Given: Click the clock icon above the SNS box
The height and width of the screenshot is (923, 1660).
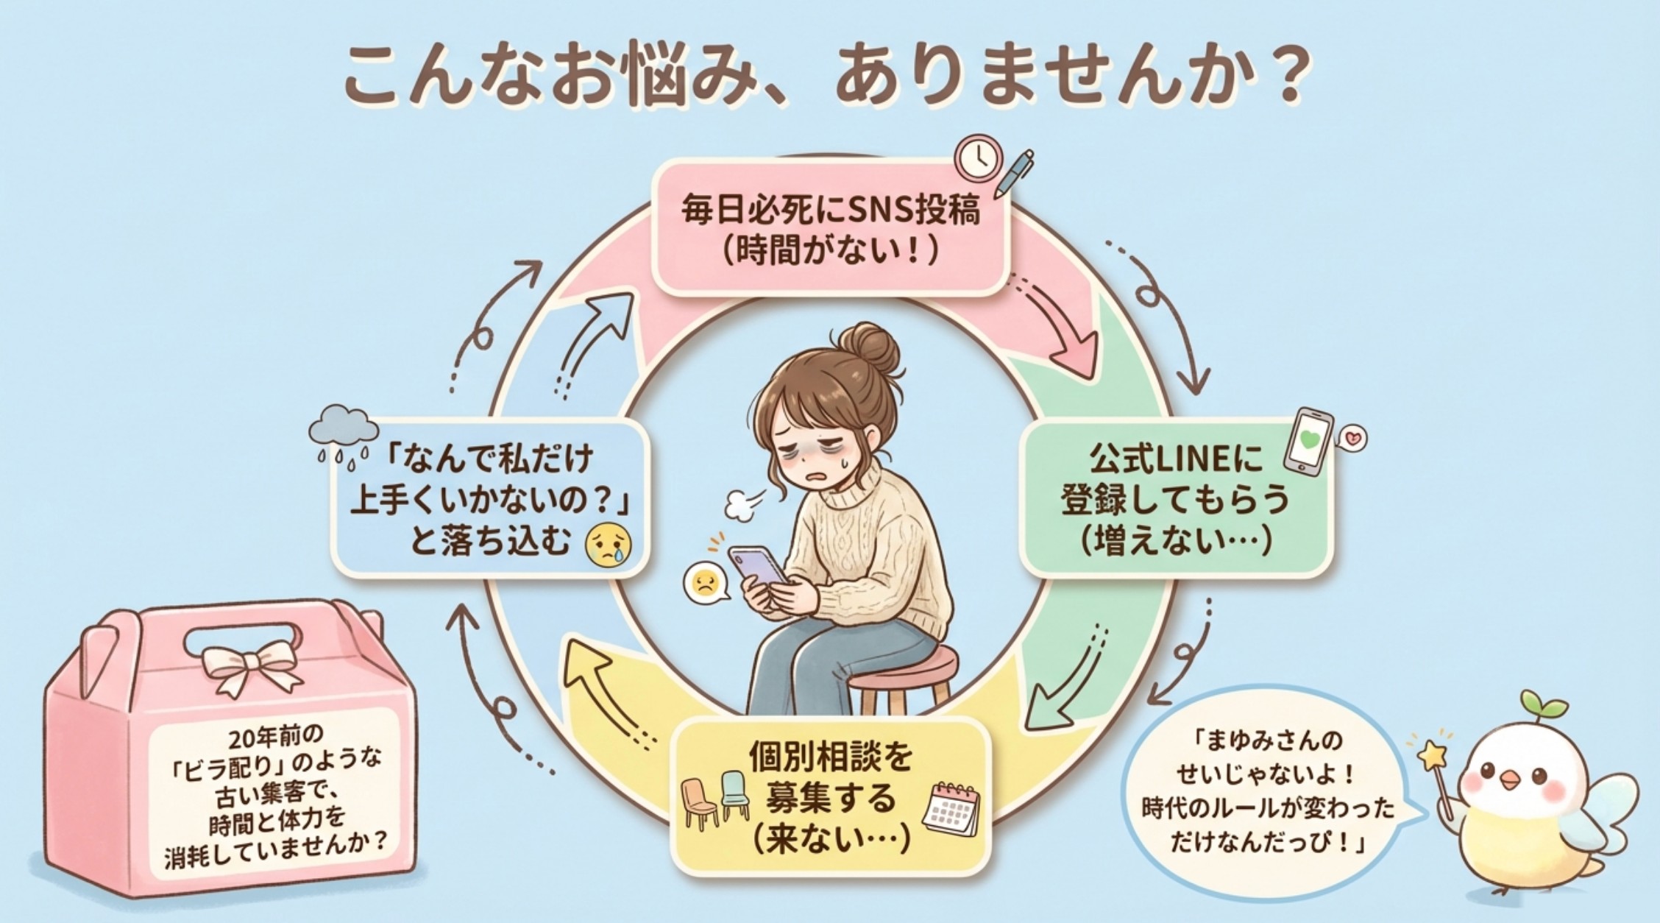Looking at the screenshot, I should coord(978,158).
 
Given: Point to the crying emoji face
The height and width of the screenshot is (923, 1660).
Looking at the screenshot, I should coord(608,545).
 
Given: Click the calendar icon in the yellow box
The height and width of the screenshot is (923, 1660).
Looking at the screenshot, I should coord(952,810).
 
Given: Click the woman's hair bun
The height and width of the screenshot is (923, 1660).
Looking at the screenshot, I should coord(870,350).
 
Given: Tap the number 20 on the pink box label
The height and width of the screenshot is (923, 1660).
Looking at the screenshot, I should coord(242,737).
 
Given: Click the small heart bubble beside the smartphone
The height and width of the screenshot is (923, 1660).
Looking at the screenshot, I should coord(1352,439).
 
